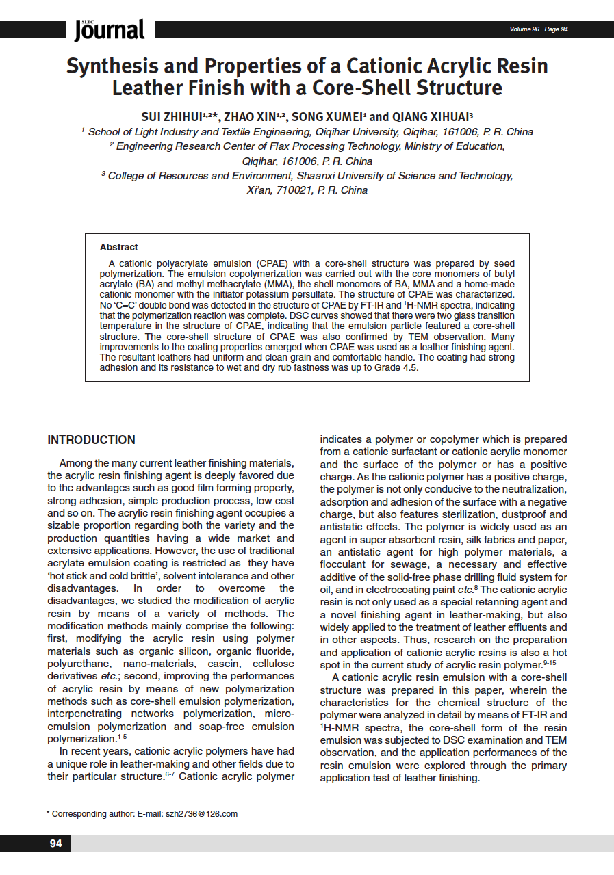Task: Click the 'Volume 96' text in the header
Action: (x=524, y=29)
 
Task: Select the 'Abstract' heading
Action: (x=118, y=247)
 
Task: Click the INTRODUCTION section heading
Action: (x=91, y=440)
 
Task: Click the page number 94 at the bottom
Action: (x=55, y=844)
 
